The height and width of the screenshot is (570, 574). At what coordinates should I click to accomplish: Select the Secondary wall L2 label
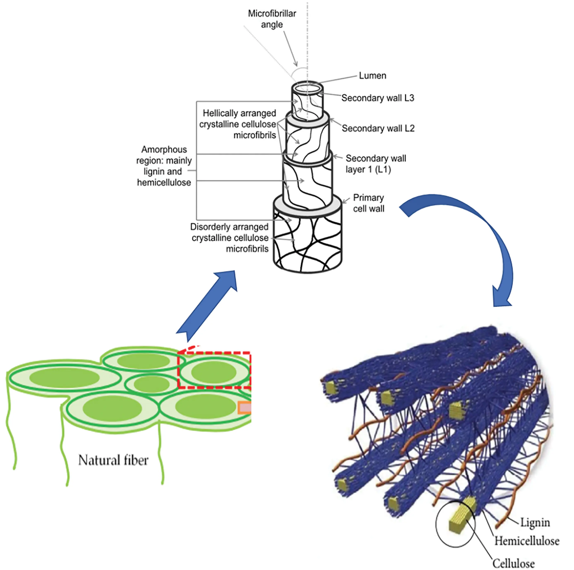(378, 128)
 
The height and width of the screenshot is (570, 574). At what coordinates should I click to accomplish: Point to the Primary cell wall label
(368, 203)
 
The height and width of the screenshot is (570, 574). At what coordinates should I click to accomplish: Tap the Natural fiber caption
(113, 460)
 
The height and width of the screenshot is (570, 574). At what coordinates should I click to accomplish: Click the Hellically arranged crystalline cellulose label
(238, 124)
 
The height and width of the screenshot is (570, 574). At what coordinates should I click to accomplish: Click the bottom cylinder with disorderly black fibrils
(307, 244)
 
